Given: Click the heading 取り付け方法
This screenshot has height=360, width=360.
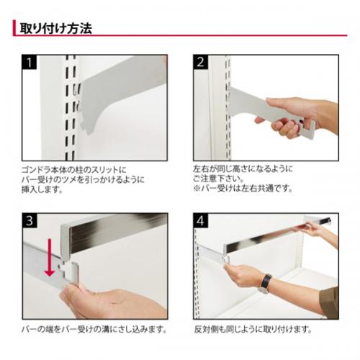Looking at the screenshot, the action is [55, 28].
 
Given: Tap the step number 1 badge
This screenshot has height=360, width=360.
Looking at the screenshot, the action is [30, 62].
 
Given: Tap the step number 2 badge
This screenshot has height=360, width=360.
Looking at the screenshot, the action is [200, 62].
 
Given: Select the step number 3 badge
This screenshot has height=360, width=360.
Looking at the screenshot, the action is [30, 220].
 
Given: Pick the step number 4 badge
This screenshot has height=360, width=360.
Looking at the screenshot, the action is [201, 220].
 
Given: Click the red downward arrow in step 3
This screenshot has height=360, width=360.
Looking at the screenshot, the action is [50, 257].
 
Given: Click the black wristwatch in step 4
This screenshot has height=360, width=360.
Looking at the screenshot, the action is [265, 284].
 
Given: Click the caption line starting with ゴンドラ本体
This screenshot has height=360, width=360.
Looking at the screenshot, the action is [73, 170].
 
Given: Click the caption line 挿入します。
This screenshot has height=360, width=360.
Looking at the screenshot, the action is [42, 189].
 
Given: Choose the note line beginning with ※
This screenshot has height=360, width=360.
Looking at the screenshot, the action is [243, 188].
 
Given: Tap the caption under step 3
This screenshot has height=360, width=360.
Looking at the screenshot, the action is [94, 329].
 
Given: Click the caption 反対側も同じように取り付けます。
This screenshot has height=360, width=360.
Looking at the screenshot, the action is [253, 329].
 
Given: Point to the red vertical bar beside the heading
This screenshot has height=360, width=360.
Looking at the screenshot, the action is [14, 28].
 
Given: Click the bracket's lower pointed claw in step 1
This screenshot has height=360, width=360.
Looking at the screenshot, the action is [88, 131].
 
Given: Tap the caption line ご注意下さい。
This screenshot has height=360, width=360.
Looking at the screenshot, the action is [218, 179].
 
